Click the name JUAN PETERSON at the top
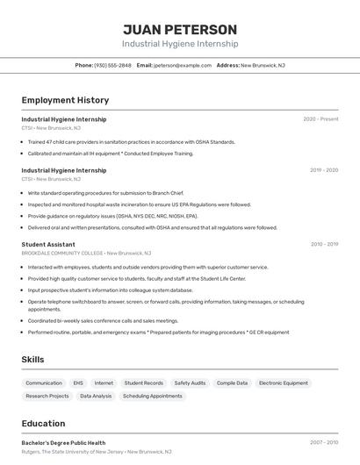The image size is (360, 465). [x=179, y=29]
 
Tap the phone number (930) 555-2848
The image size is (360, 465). [x=112, y=65]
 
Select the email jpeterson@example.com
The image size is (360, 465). [x=183, y=65]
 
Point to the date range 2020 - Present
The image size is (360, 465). [x=320, y=119]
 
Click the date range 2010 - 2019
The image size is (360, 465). [x=324, y=245]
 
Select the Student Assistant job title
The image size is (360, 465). [x=48, y=245]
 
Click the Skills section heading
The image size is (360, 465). [x=32, y=360]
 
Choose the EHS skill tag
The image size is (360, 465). [x=78, y=383]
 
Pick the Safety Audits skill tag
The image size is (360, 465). [x=190, y=383]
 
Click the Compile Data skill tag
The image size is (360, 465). [x=232, y=383]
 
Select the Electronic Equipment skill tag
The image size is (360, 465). [x=283, y=383]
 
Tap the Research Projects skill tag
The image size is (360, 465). [x=47, y=397]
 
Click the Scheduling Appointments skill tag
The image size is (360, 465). [x=152, y=397]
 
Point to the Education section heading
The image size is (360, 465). [x=43, y=424]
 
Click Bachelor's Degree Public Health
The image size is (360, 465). [x=63, y=443]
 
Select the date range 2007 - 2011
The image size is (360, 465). [x=324, y=443]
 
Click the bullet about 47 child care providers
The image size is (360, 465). [x=132, y=141]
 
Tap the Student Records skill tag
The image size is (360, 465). [x=143, y=383]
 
